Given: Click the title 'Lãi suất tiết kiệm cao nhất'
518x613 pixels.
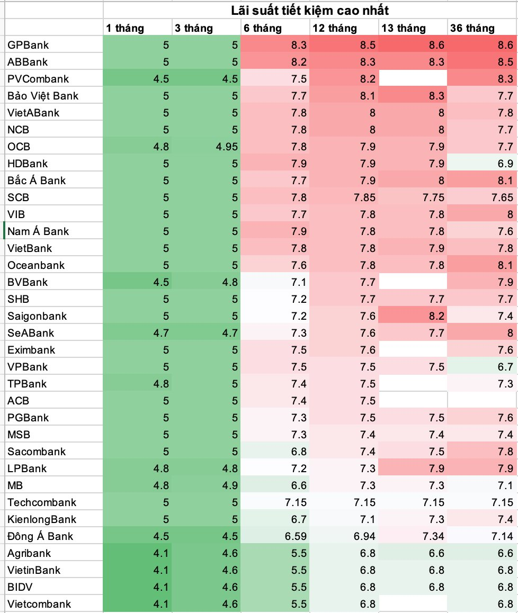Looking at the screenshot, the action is (310, 11).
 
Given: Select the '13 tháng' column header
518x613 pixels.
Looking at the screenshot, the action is (404, 28).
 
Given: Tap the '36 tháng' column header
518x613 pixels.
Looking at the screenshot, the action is (472, 28).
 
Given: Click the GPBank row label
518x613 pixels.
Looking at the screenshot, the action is (28, 45).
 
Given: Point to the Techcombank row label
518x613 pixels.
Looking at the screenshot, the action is (42, 502).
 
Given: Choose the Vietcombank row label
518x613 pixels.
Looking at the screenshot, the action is (39, 604).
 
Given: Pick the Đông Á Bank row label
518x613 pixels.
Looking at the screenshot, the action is (40, 536).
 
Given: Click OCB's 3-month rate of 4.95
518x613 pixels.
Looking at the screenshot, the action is (227, 147).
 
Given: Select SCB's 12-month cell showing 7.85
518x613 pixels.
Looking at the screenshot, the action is (364, 197).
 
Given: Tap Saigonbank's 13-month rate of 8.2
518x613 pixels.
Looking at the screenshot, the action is (436, 316).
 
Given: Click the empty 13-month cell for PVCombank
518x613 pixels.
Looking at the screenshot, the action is (413, 78).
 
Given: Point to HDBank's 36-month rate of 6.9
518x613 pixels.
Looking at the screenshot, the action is (505, 164).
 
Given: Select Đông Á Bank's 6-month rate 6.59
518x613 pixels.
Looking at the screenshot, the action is (296, 536).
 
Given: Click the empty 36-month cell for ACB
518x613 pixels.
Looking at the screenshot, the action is (482, 401).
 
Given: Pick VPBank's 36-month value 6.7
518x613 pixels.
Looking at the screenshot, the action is (505, 367).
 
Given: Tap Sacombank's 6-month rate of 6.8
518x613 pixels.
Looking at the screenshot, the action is (299, 452).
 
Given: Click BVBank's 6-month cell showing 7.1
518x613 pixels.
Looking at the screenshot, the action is (299, 282).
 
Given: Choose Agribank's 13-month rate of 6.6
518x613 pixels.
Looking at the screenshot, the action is (436, 553).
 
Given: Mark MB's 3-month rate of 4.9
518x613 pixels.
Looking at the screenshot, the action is (230, 485).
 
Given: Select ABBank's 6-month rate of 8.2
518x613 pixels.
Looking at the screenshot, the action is (299, 62).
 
